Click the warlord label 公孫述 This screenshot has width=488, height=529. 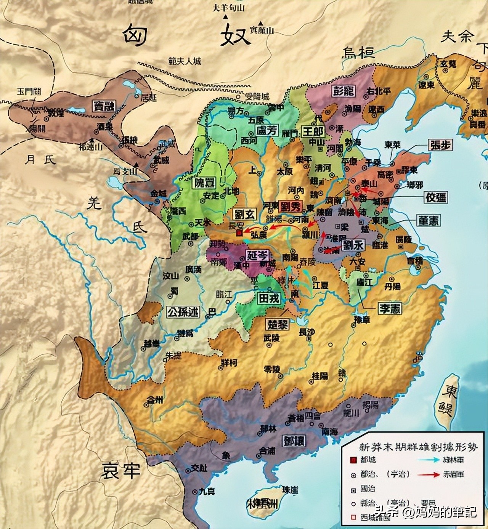pos(183,312)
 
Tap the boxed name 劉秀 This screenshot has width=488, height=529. pos(291,206)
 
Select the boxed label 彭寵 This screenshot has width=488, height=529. pos(344,91)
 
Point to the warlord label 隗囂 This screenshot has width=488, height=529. pos(204,183)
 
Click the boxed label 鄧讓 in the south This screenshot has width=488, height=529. pos(294,441)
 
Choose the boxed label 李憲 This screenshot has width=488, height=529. pos(390,309)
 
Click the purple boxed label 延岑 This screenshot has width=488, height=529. pos(257,255)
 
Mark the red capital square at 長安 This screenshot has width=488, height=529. pos(239,232)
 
